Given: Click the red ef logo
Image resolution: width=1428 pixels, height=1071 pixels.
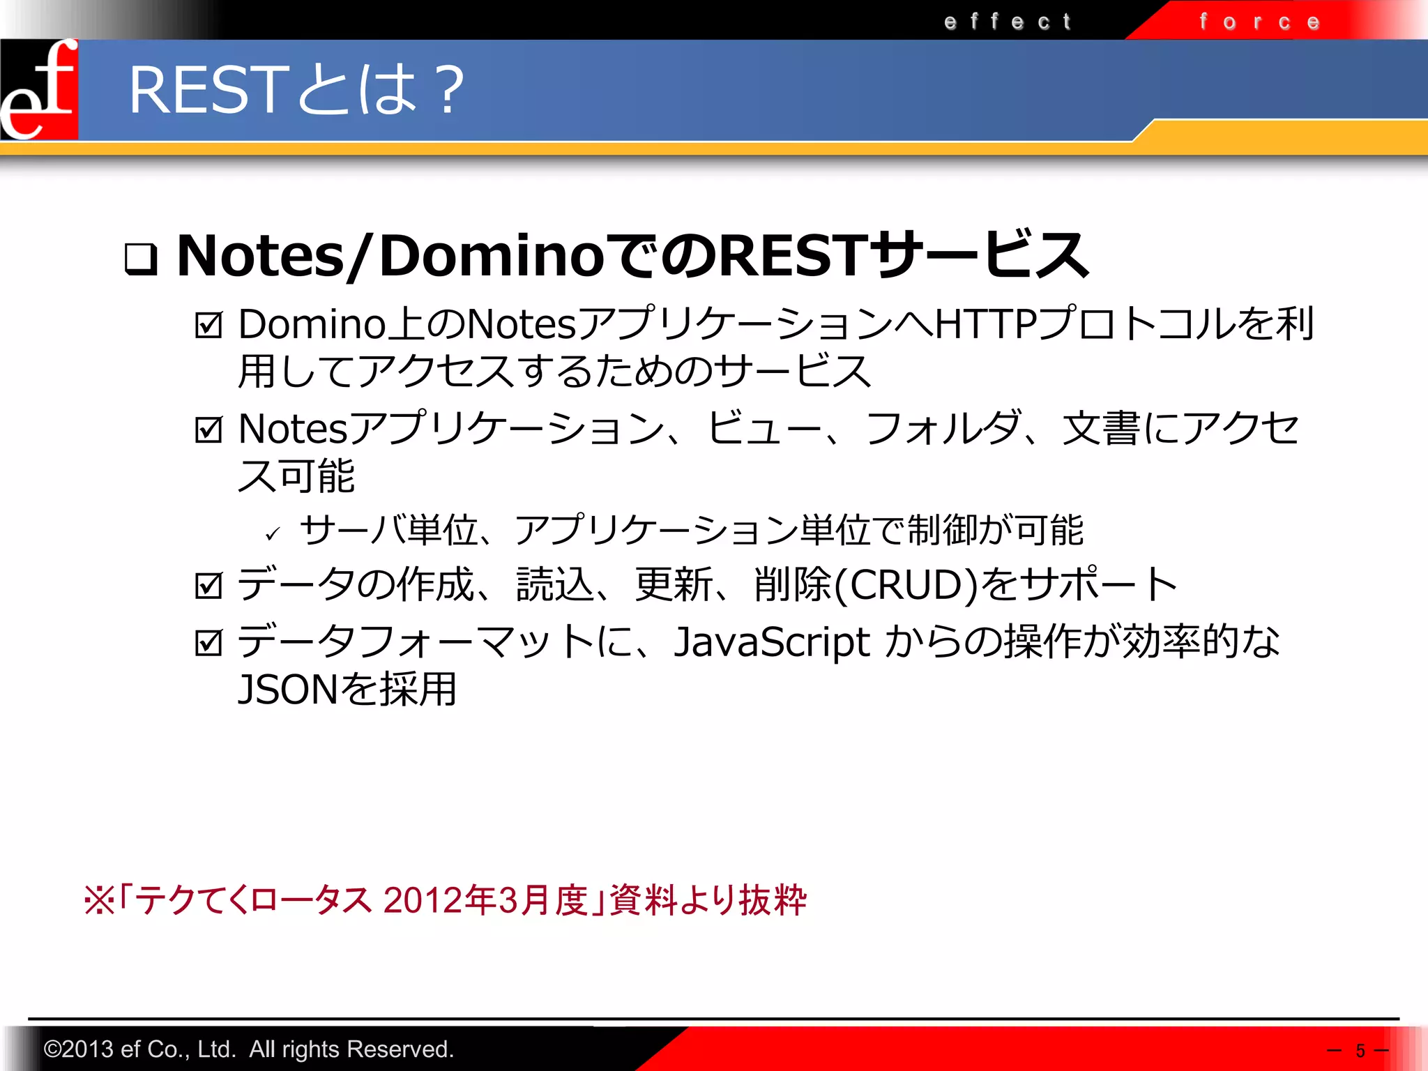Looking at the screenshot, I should click(39, 89).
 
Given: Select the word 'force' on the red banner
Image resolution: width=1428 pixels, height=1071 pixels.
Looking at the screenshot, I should click(1259, 22).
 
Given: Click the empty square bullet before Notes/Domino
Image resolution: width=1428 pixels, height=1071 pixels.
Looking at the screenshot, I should click(141, 258).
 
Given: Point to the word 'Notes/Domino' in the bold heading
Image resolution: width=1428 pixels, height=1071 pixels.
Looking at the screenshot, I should click(390, 256).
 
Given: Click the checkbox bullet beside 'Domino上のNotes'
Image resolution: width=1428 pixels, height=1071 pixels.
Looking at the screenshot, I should click(209, 325).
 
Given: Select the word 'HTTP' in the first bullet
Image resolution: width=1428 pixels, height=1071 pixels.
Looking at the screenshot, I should click(985, 324).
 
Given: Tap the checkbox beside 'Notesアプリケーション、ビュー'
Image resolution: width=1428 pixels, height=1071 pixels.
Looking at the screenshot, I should click(209, 430).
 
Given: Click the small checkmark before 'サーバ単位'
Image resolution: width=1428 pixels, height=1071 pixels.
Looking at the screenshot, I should click(273, 534).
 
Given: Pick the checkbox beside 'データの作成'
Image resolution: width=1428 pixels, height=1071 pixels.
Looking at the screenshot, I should click(209, 586).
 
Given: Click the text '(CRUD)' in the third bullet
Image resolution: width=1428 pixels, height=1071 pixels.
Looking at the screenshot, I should click(906, 584).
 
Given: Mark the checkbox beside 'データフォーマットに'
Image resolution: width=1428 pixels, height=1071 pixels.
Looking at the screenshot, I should click(209, 643).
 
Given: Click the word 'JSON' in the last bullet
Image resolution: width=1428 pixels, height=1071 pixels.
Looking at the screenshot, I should click(288, 690).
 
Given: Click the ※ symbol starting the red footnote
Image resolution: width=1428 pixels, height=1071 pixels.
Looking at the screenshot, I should click(99, 900).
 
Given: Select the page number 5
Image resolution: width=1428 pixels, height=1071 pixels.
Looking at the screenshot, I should click(1360, 1051).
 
